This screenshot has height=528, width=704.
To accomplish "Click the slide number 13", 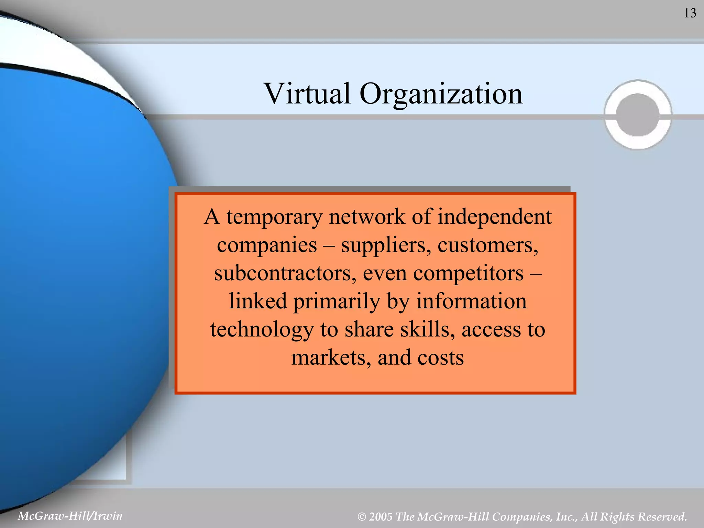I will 690,13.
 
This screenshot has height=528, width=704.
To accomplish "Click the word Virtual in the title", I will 307,93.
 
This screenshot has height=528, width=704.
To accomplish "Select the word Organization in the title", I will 441,94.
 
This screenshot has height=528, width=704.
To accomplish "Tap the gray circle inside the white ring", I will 638,115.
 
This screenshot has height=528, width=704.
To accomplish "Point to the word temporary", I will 274,218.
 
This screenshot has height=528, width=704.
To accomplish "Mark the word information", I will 471,301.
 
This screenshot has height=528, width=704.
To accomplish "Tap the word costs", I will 440,358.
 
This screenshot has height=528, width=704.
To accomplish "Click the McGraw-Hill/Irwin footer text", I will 70,516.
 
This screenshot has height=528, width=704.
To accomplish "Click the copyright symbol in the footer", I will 362,517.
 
